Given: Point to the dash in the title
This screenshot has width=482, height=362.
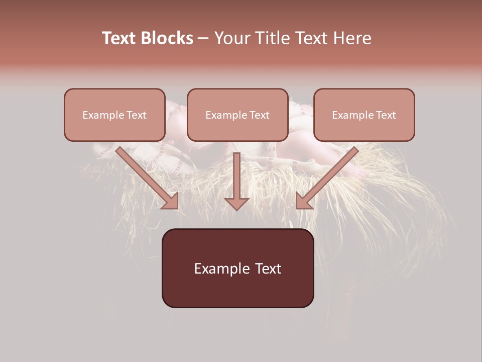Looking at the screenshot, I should [203, 39].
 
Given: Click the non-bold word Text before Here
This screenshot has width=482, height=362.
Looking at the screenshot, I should [315, 39].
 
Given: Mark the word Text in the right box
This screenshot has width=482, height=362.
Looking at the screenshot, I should [386, 115].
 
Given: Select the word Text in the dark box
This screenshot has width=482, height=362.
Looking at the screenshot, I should [269, 268].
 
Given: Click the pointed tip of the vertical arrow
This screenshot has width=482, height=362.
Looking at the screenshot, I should [236, 209].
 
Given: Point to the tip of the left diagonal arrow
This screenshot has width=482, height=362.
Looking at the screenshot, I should [176, 207].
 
